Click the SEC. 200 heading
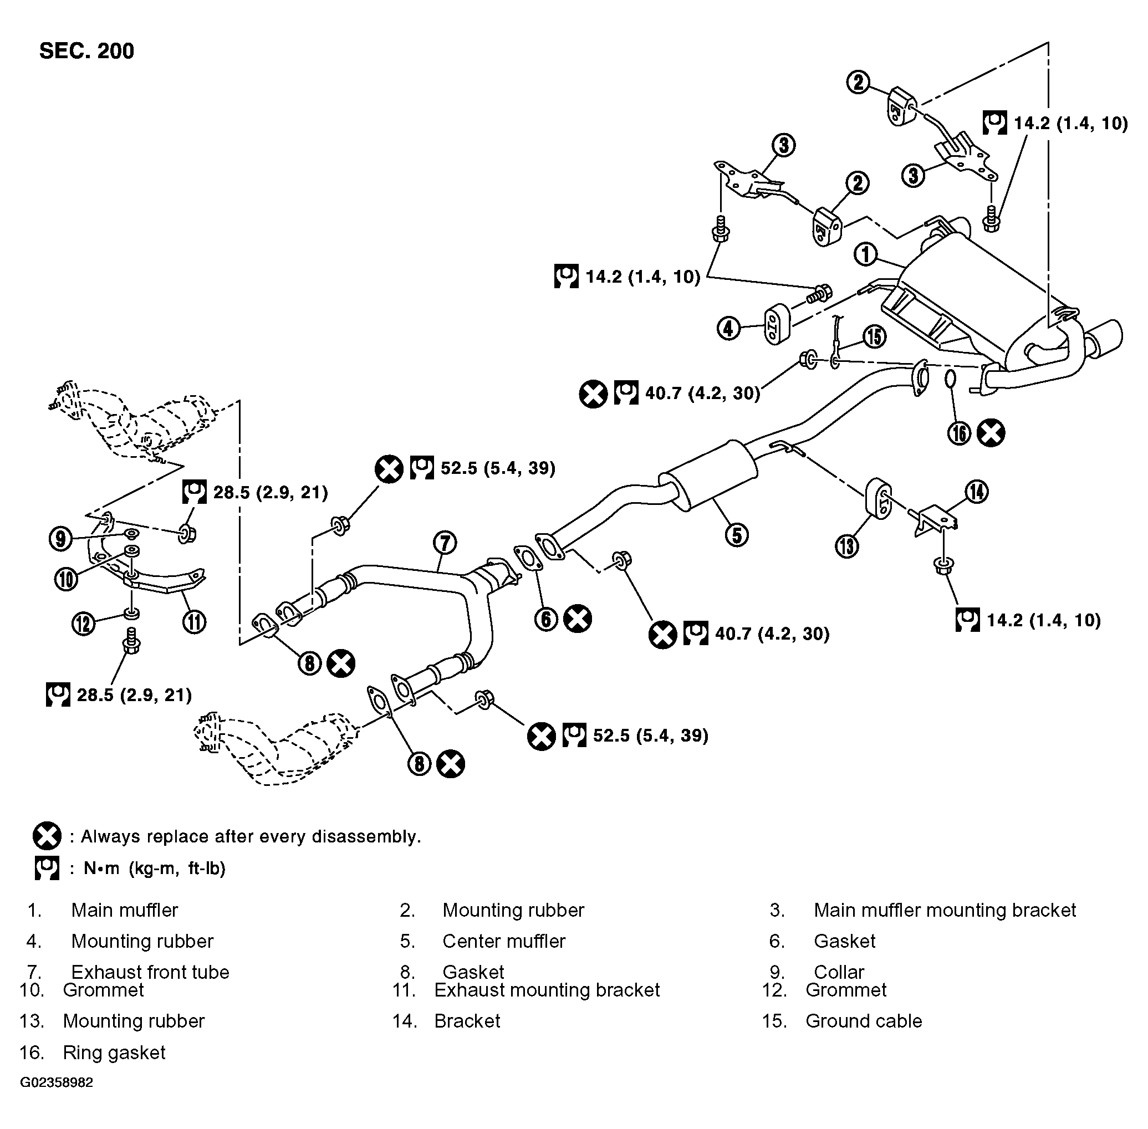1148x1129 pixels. click(x=86, y=51)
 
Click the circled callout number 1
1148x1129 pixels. click(x=866, y=255)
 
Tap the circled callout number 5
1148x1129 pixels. click(x=737, y=535)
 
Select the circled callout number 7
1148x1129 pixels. click(x=445, y=543)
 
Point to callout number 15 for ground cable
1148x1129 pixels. click(x=874, y=336)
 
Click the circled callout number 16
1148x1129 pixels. click(x=959, y=433)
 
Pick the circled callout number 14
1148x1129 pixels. click(x=977, y=492)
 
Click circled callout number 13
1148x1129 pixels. click(x=847, y=545)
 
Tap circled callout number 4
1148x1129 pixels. click(x=729, y=328)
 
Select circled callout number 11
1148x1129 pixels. click(x=194, y=622)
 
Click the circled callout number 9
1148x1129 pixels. click(x=60, y=538)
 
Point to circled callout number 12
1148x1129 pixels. click(x=84, y=623)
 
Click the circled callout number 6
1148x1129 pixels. click(x=546, y=619)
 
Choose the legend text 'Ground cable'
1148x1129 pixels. click(x=864, y=1021)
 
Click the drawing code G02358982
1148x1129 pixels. click(x=57, y=1082)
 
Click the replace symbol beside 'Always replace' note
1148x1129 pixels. click(x=47, y=836)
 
